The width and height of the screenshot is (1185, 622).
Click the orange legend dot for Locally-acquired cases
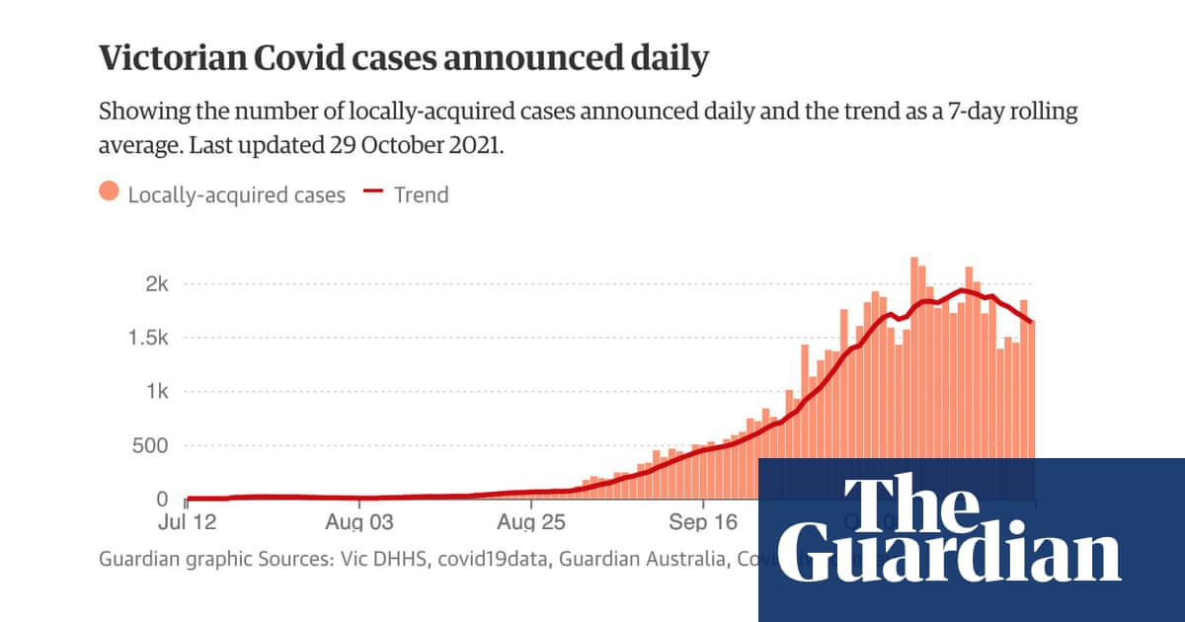(110, 194)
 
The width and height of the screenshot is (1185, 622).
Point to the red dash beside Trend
(373, 193)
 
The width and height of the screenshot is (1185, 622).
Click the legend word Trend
(421, 194)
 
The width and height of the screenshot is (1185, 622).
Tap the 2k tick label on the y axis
(157, 284)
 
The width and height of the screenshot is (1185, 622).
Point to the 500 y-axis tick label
(151, 445)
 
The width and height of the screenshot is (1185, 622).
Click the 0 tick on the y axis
(162, 499)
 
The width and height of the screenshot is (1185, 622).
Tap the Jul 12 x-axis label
(188, 521)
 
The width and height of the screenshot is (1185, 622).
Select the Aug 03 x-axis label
(359, 521)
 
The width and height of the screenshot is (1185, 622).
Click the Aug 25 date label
(531, 521)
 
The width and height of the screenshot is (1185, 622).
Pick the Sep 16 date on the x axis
(703, 521)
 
